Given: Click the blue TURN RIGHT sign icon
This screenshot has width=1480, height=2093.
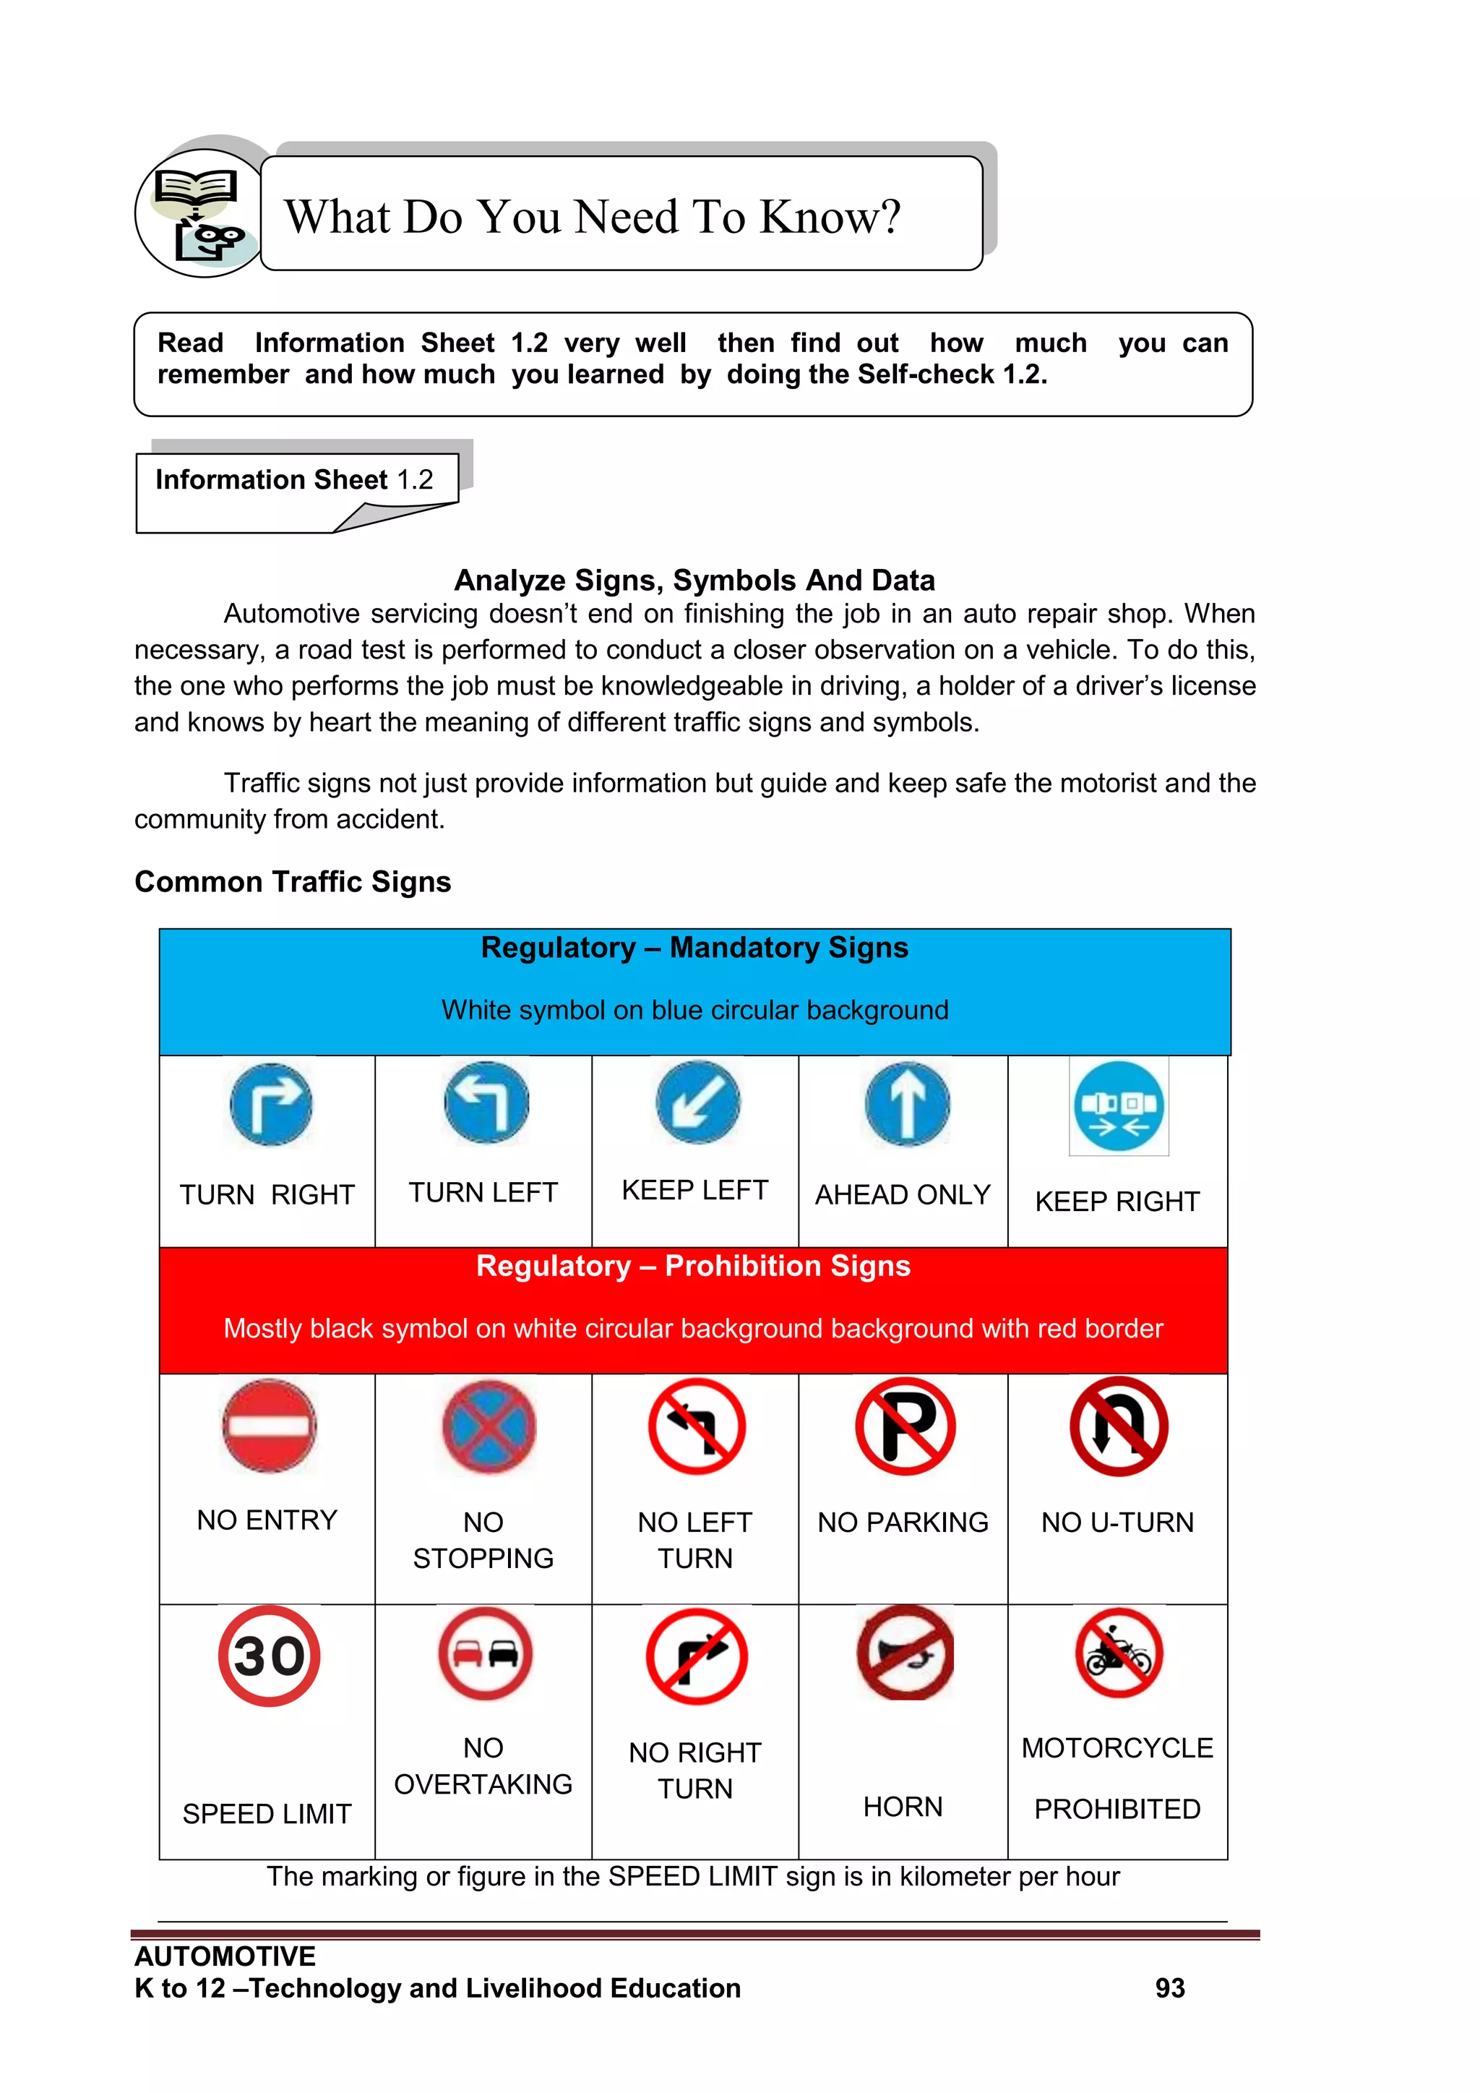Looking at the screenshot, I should pos(271,1104).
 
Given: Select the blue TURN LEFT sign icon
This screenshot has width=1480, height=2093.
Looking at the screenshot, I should pos(486,1102).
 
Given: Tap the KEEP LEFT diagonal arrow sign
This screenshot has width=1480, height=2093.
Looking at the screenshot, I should pos(697,1101).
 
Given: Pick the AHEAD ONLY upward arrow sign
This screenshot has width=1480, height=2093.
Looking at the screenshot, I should pos(907,1103).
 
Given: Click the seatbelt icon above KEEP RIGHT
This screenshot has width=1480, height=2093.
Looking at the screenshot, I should pos(1118,1105).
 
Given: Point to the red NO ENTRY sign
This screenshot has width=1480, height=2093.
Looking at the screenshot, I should pos(269,1426).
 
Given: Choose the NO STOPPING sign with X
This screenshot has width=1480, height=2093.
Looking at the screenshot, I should pos(489,1426).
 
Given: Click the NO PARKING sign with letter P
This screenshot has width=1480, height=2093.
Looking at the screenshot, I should pos(905,1426).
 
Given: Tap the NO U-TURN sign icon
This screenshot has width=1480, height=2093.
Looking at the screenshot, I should pos(1118,1426).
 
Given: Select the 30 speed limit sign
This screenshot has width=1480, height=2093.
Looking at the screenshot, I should pos(269,1656).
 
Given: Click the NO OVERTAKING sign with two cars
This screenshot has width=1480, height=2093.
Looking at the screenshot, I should pos(485,1653).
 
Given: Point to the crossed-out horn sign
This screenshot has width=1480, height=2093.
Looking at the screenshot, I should pos(905,1653).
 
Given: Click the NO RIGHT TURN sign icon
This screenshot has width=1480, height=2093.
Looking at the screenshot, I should pos(696,1656).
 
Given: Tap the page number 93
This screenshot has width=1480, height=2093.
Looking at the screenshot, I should pos(1169,1987).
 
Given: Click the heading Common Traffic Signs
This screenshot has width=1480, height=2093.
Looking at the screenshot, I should pos(293,881).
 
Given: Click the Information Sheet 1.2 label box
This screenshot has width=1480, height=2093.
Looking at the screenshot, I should pos(294,479).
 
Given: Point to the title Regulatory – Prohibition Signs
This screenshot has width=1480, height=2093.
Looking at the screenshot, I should pos(692,1265).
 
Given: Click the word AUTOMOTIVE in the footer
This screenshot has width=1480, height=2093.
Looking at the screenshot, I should pos(225,1956).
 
